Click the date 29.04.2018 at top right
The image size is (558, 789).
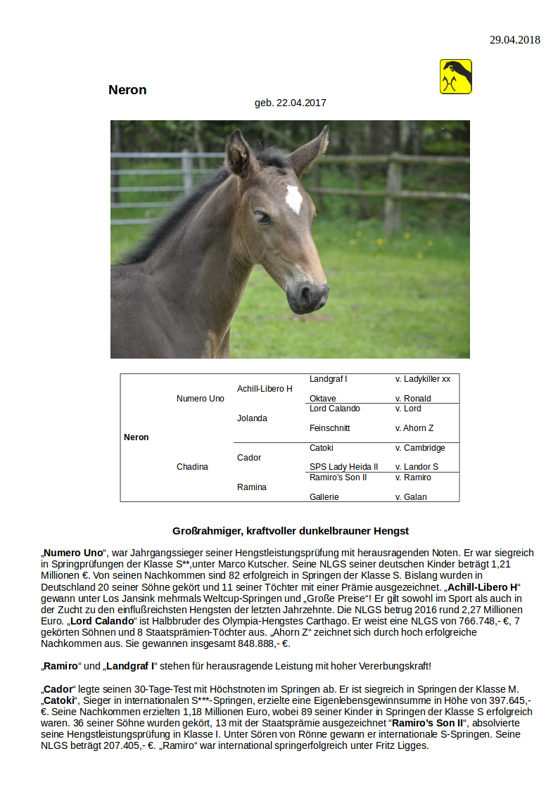pos(514,40)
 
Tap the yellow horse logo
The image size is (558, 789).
pos(455,77)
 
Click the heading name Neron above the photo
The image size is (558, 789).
pos(127,90)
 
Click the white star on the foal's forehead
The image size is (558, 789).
pos(293,199)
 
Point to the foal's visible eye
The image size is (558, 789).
pos(262,217)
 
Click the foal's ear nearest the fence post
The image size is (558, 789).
pos(311,150)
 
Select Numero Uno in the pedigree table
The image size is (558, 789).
pos(201,399)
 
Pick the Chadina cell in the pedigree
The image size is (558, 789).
pos(192,467)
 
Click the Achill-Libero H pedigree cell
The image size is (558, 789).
pos(265,389)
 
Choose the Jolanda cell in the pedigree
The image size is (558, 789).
pos(252,418)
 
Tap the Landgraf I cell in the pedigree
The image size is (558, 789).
pos(328,379)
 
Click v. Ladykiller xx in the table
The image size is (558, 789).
pos(422,379)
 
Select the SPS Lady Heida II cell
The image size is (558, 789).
pos(343,467)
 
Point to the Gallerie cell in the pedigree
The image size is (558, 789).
pos(324,497)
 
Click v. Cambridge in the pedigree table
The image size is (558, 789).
pos(419,448)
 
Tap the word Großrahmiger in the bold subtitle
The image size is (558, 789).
pos(204,531)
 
